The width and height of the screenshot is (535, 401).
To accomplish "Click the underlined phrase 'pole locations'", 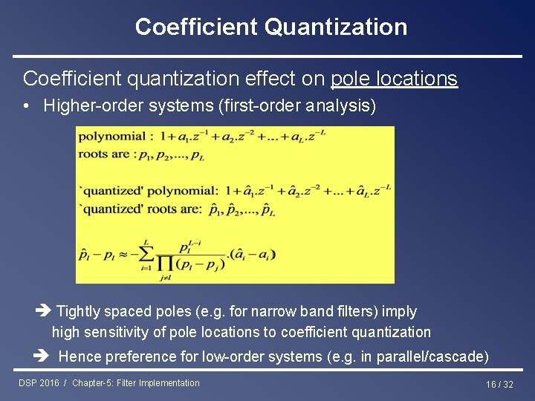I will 394,78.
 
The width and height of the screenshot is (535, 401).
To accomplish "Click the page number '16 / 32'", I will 499,384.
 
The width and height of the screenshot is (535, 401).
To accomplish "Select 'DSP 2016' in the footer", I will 39,383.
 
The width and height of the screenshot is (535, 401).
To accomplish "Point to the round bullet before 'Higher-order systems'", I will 26,105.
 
